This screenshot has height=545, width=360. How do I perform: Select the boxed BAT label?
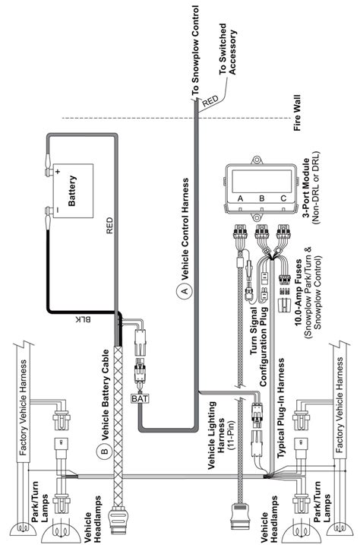pos(141,397)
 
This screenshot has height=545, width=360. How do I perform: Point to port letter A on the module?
pos(241,199)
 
